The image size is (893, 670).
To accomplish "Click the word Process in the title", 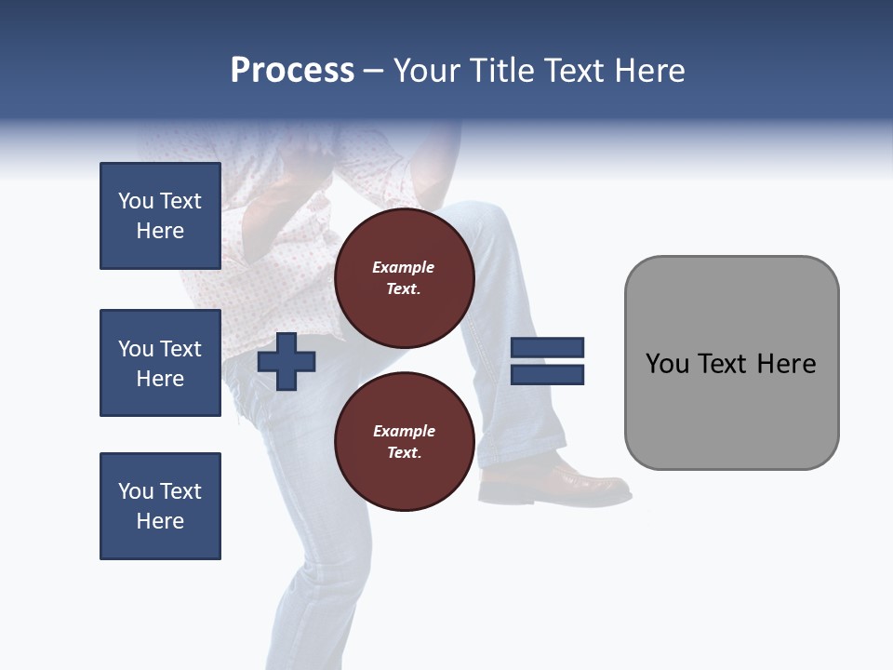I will click(x=292, y=71).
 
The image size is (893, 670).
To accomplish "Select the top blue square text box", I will click(x=160, y=216).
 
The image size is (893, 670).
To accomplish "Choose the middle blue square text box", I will click(x=160, y=363).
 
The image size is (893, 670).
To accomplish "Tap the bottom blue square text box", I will click(x=160, y=506).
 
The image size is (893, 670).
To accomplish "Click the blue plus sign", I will click(x=287, y=362).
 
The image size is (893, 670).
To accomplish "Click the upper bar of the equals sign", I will click(x=547, y=347).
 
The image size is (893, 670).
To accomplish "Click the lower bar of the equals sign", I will click(x=547, y=375).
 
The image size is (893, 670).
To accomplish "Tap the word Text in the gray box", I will click(x=723, y=364).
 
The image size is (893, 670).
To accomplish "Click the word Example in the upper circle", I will click(x=404, y=267).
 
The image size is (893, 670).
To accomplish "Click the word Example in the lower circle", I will click(x=404, y=431).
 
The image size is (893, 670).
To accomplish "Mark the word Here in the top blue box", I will click(x=160, y=231).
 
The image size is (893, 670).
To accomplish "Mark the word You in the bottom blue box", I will click(x=136, y=491).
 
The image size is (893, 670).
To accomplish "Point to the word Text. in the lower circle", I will click(x=404, y=453).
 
